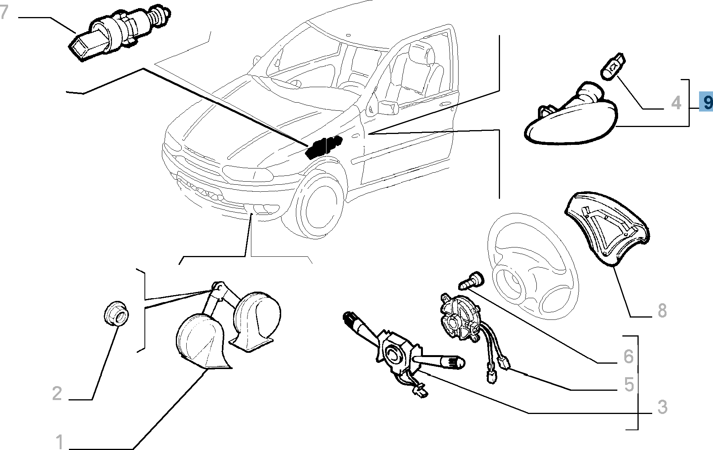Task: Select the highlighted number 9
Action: [x=707, y=103]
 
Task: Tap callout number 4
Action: [x=676, y=103]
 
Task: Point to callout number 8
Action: [x=662, y=311]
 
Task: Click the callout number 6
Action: [x=628, y=356]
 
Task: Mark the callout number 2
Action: [x=57, y=393]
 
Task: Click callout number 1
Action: [x=59, y=441]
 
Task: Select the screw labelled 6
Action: [x=471, y=280]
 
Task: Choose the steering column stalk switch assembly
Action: [x=399, y=352]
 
